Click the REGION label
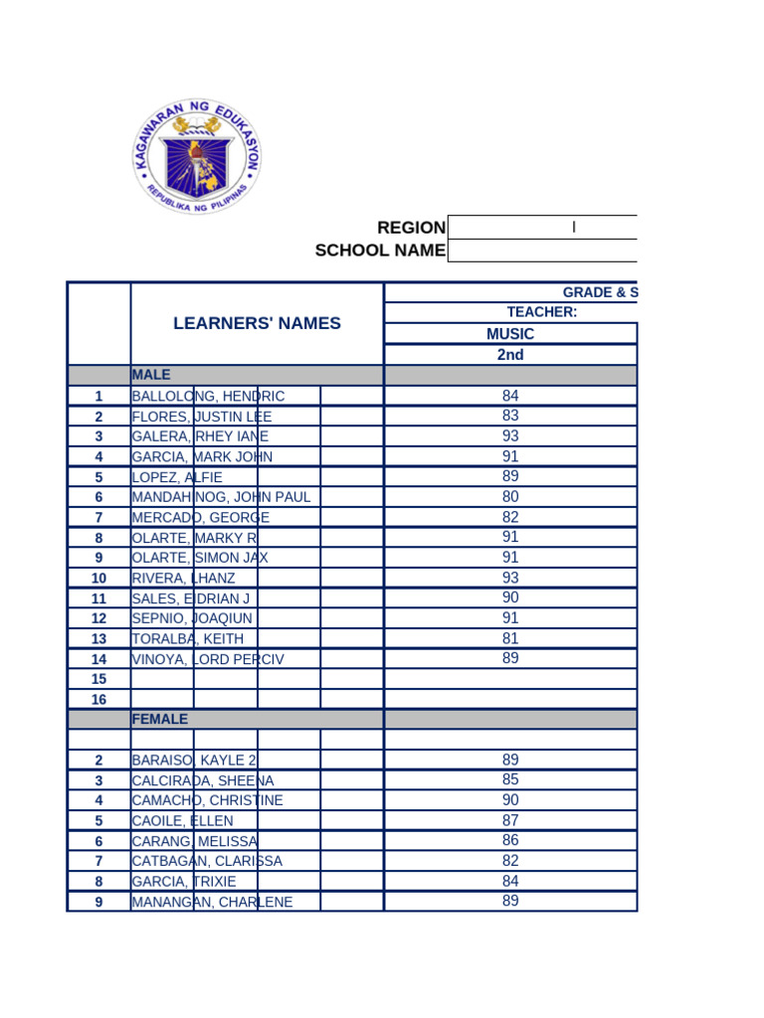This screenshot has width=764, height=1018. click(411, 228)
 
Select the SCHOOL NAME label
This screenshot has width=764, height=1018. click(380, 251)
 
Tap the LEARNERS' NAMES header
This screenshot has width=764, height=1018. click(257, 323)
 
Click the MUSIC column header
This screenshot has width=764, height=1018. click(510, 334)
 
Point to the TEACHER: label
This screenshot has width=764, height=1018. click(542, 312)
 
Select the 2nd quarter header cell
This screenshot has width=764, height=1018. click(510, 355)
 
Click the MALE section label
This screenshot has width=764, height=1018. click(151, 375)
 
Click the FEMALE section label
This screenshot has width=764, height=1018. click(159, 719)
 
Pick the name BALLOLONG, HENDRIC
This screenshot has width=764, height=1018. click(208, 397)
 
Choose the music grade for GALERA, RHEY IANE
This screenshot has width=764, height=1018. click(510, 436)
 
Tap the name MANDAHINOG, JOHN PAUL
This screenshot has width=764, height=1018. click(221, 497)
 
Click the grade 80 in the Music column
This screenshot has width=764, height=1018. click(510, 496)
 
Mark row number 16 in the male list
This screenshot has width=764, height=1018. click(98, 700)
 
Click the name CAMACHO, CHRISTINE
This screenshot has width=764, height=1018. click(207, 800)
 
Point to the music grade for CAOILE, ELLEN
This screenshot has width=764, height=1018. click(510, 820)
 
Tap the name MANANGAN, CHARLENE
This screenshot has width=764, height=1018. click(212, 902)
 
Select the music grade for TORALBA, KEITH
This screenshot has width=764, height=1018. click(510, 637)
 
